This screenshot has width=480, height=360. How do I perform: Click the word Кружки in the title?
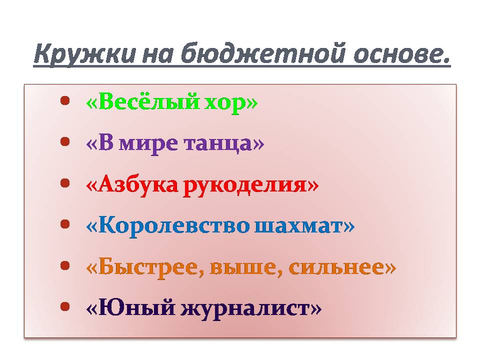point(84,54)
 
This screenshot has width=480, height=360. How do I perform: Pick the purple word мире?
point(148,144)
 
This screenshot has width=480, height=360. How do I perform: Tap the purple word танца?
point(218,144)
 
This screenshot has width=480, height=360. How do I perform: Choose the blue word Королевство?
point(174,225)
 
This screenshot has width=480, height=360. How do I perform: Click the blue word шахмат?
point(299,226)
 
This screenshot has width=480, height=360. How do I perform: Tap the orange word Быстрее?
point(151,267)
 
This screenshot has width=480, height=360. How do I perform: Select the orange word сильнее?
point(336,267)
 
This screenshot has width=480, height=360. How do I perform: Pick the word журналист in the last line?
point(245,309)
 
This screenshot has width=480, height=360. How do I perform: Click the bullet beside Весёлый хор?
point(65,100)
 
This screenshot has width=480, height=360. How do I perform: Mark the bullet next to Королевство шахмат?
point(65,224)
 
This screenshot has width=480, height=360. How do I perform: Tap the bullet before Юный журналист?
point(65,306)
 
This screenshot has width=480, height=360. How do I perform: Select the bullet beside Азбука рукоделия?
point(65,183)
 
